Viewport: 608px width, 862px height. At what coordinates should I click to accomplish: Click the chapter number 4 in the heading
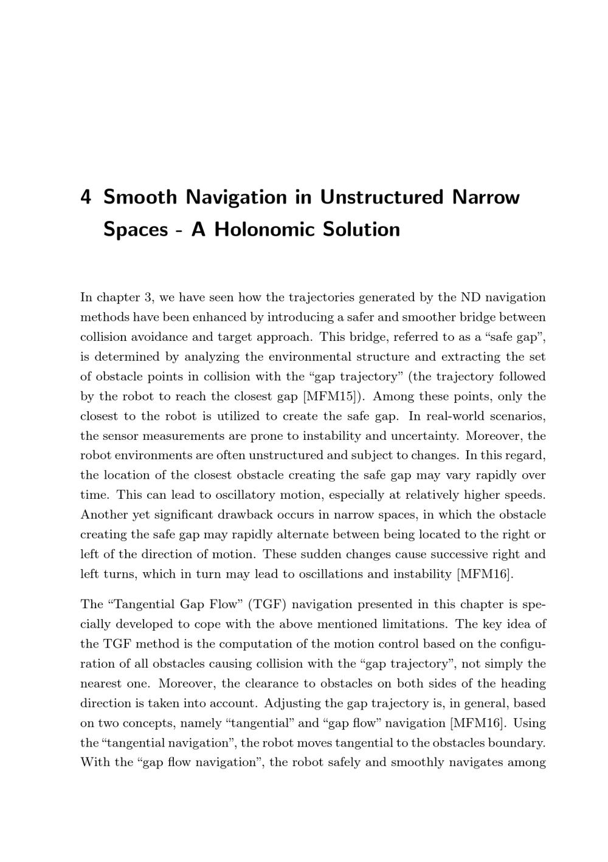86,197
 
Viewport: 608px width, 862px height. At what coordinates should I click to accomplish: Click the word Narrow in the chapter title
486,197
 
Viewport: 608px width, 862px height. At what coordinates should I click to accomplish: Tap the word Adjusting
291,703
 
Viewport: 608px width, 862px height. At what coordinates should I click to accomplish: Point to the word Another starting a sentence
103,515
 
